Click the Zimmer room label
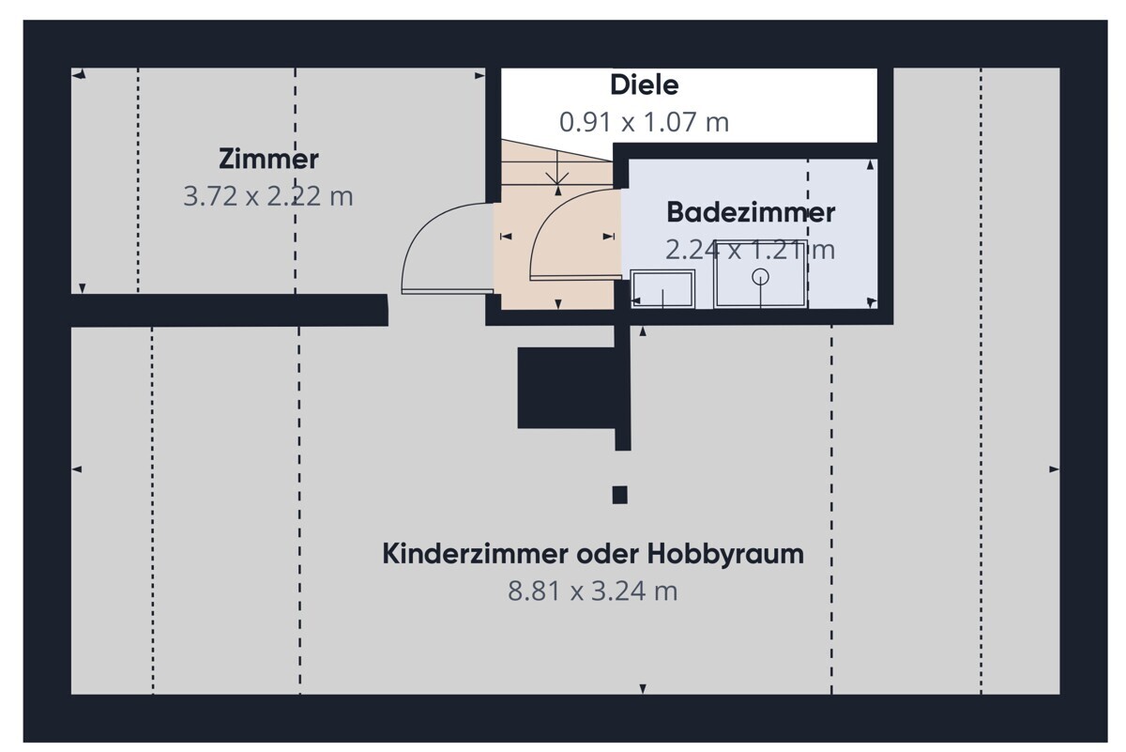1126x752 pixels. coord(268,159)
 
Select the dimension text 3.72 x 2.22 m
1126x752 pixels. coord(268,197)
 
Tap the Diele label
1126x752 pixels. coord(644,85)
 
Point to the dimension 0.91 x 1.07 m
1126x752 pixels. coord(644,122)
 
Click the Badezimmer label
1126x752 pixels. coord(750,213)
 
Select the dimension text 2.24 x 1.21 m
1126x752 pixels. coord(750,250)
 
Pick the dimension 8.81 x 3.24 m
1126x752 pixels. coord(592,591)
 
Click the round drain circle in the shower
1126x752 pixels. coord(760,276)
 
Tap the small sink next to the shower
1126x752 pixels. coord(662,289)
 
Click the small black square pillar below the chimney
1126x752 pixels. coord(619,495)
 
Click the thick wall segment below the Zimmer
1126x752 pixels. coord(230,310)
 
